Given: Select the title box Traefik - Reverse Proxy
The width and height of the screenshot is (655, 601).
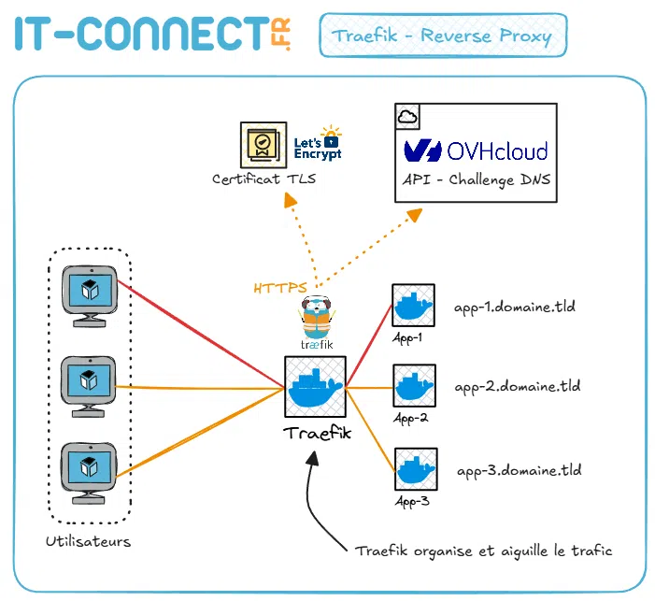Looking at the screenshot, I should tap(443, 36).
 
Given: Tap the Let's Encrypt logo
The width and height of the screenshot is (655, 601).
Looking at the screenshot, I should tap(318, 143).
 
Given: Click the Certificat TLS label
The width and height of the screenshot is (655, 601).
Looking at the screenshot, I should tap(263, 179).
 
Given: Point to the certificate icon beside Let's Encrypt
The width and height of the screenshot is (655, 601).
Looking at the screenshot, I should tap(262, 143).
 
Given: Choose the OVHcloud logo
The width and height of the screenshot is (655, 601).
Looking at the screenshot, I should tap(476, 150).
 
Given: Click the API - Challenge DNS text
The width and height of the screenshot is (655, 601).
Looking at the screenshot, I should tap(476, 179).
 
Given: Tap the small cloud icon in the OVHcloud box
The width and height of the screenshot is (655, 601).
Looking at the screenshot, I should tap(407, 117).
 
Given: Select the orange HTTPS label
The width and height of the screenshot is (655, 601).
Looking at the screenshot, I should tap(280, 287).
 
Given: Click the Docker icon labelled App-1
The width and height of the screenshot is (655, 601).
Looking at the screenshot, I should tap(411, 307).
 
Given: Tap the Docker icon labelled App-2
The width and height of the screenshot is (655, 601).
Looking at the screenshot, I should tap(411, 386).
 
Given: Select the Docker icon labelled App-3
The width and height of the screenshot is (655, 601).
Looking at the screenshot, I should tap(413, 469).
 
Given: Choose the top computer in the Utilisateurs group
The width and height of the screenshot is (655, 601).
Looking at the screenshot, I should tap(89, 295).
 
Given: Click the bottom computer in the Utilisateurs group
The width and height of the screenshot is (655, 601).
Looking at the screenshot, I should tap(89, 471).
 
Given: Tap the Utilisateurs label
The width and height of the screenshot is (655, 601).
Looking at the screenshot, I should tap(88, 541).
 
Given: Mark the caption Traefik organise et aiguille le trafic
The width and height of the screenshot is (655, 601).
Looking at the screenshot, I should tap(483, 551).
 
